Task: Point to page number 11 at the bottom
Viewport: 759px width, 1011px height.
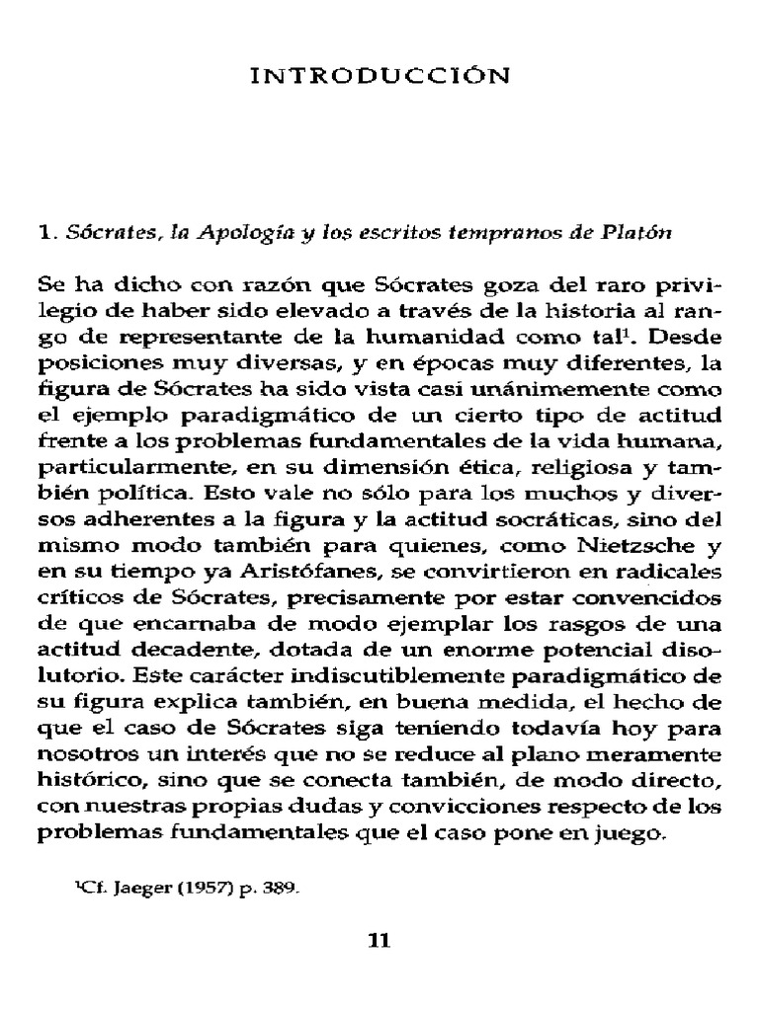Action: tap(380, 940)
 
